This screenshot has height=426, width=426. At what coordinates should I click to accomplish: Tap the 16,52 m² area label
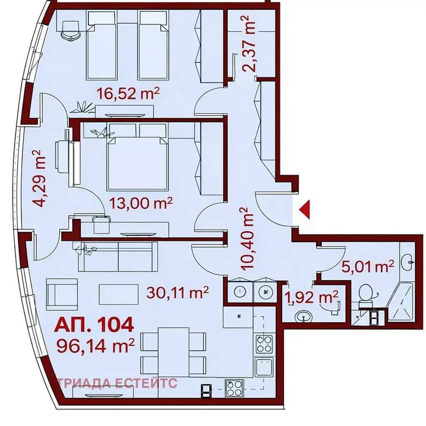[128, 94]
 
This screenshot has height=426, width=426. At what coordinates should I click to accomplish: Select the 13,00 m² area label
[141, 203]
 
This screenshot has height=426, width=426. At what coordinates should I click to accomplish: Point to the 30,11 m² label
[177, 292]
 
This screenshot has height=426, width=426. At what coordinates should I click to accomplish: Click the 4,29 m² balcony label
[38, 178]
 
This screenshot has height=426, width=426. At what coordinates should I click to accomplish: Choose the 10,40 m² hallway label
[247, 239]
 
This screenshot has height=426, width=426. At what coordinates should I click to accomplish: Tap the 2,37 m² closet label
[249, 44]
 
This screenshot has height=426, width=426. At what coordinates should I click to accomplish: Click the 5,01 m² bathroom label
[367, 267]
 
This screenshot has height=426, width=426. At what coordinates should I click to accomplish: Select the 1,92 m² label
[311, 297]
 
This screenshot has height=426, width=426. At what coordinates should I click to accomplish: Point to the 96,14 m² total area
[95, 345]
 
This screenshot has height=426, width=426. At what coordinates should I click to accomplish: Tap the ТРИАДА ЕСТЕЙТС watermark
[117, 383]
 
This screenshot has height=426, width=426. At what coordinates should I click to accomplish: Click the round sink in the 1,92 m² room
[303, 317]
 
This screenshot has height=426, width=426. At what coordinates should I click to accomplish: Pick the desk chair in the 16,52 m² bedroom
[71, 31]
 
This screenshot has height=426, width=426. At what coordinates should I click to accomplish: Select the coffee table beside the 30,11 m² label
[119, 294]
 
